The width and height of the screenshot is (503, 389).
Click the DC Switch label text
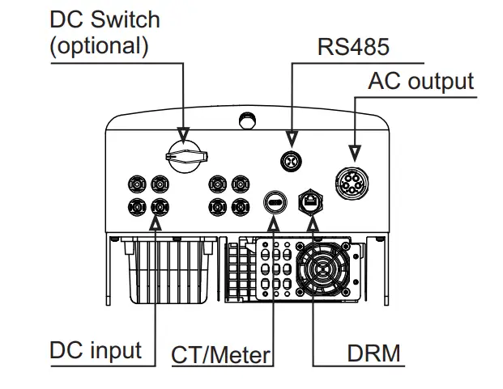click(x=105, y=19)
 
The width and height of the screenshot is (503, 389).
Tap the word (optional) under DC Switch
click(x=100, y=45)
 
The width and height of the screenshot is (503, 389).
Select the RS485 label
click(x=352, y=46)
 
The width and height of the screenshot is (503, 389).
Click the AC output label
click(x=420, y=81)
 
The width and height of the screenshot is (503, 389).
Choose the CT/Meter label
click(x=220, y=354)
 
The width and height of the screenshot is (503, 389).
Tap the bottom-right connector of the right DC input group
click(x=239, y=206)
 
